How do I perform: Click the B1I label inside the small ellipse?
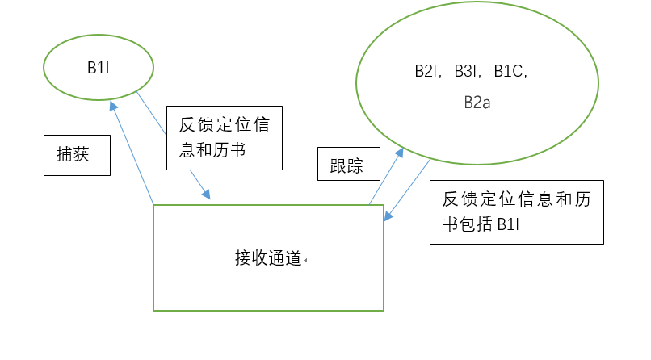[x=98, y=68]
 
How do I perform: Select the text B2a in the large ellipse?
[x=477, y=103]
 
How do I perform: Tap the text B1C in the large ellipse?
[x=510, y=71]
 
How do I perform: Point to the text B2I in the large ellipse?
[x=425, y=71]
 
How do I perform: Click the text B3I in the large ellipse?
[x=465, y=71]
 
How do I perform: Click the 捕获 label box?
[x=76, y=156]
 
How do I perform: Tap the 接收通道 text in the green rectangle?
[x=268, y=258]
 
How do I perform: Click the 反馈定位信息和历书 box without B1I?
[x=224, y=137]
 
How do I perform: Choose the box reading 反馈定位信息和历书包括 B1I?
[x=517, y=211]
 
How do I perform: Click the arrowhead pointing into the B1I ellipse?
[x=114, y=105]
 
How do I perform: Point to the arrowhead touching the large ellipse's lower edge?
[x=399, y=152]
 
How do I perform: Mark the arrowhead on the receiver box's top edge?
[x=207, y=195]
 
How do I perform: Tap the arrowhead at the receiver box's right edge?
[x=388, y=216]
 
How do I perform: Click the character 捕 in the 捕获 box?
[x=65, y=156]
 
